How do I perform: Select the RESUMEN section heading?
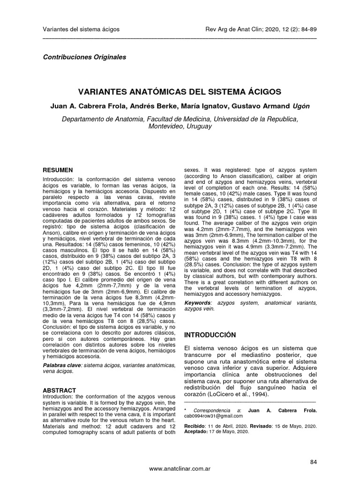pos(58,170)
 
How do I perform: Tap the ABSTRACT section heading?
pos(60,390)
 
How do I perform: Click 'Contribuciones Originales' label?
pos(84,57)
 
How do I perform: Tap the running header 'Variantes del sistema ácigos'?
pos(81,30)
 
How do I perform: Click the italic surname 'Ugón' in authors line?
pos(300,105)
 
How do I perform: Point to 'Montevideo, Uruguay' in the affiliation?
pos(180,127)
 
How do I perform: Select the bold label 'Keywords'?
pos(198,303)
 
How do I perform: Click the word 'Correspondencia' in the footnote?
pos(212,410)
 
